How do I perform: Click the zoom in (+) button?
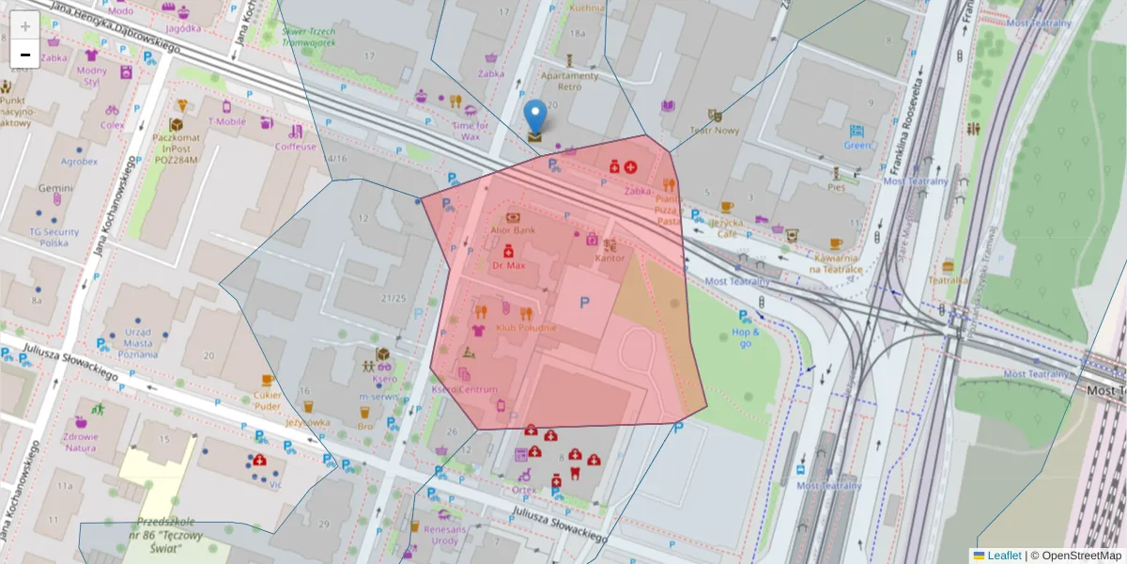click(x=24, y=25)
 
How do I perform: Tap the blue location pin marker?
click(x=534, y=117)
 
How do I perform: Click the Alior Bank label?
click(x=513, y=229)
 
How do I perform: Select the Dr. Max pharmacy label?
click(x=509, y=265)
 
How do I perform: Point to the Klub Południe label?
click(x=526, y=327)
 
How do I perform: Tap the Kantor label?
click(x=610, y=258)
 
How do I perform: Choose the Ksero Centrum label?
click(x=464, y=389)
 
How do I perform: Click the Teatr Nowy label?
click(x=714, y=131)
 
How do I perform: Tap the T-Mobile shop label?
click(x=226, y=121)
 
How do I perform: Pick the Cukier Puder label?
click(x=268, y=400)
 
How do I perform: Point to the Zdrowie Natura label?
click(x=81, y=441)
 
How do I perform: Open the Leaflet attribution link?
click(x=1003, y=556)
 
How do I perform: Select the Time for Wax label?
click(x=471, y=131)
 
